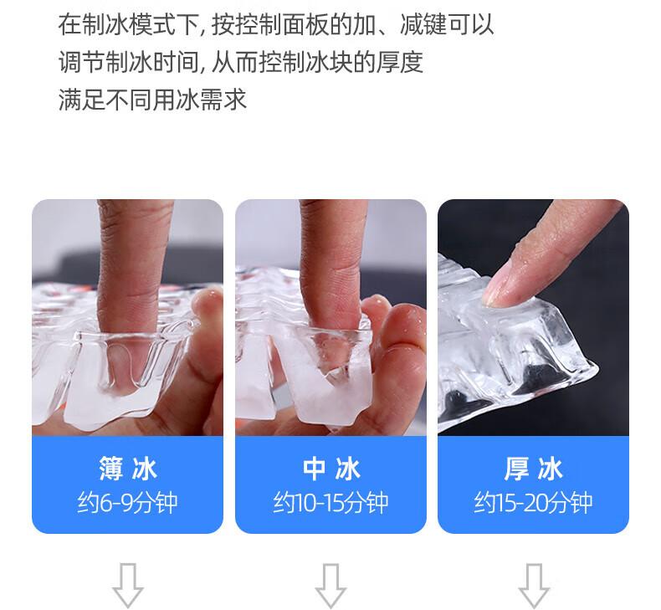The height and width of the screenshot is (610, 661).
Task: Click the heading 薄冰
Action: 128,469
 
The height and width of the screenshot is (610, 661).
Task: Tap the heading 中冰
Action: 331,469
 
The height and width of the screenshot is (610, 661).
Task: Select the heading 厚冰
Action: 533,469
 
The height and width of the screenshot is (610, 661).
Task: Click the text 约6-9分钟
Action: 127,503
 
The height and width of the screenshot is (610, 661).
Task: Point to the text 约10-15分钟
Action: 331,503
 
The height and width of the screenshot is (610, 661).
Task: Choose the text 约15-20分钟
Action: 533,503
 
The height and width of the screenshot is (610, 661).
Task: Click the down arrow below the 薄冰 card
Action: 128,585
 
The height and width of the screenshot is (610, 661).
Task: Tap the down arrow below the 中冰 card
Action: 331,585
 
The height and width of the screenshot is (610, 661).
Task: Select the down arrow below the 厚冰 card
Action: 534,585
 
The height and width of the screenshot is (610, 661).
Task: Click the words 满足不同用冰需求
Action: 152,100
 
